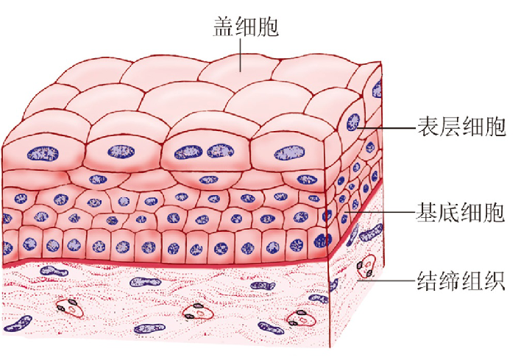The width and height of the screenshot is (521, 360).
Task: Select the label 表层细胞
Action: click(x=461, y=127)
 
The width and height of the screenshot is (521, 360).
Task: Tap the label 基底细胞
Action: click(x=461, y=213)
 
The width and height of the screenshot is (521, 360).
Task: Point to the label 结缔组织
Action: click(x=461, y=281)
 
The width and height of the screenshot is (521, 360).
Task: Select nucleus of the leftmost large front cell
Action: click(x=38, y=153)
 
